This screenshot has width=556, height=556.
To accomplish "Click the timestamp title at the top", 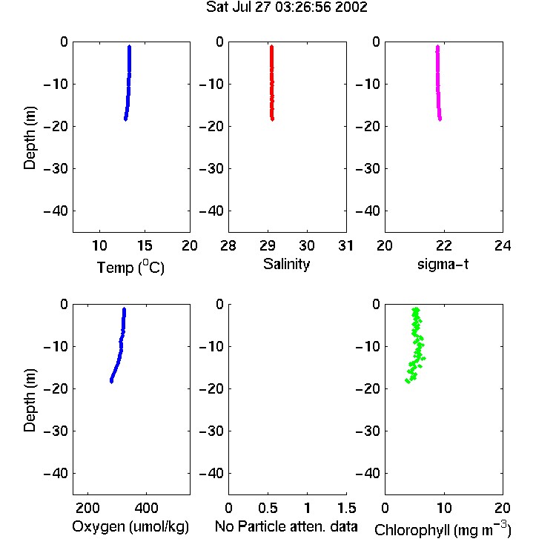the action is [286, 7].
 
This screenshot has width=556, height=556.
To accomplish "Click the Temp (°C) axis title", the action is [130, 267].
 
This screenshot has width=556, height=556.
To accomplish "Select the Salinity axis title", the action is [286, 264].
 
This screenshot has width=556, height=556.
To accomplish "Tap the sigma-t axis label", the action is [443, 264].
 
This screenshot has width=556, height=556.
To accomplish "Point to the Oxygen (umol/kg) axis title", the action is [130, 526].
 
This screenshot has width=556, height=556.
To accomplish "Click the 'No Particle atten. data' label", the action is [286, 526].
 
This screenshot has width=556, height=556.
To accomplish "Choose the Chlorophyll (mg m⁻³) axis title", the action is [443, 529].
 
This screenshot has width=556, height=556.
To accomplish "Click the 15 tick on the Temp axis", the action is [145, 245].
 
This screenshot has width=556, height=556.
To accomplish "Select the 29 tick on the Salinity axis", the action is [268, 245].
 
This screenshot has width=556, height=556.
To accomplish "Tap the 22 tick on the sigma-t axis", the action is [443, 245].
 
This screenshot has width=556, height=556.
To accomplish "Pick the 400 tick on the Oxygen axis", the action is [146, 508].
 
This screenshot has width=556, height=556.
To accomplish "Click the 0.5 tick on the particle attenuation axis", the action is [268, 508].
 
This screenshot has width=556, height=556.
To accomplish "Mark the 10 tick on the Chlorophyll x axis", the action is [443, 508].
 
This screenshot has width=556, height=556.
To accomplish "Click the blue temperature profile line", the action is [128, 83].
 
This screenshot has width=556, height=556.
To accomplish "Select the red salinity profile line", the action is [271, 83].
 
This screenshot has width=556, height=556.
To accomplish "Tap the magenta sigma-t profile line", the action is [438, 83].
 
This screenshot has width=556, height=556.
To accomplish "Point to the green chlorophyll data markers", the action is [416, 345].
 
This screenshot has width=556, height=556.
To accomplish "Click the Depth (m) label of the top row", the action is [30, 138].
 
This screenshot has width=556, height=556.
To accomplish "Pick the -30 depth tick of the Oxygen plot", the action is [56, 431].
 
